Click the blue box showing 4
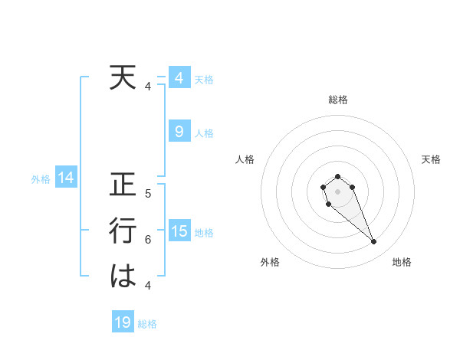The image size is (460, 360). [179, 78]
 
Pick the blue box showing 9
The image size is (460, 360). [179, 132]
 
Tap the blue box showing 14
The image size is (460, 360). [65, 178]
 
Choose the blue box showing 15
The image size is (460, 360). [179, 231]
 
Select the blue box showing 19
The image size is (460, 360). [123, 322]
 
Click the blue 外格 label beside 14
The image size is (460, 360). [41, 179]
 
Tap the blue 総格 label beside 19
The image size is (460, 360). [147, 324]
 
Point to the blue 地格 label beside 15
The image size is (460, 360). [204, 232]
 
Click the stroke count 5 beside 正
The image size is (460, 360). [148, 194]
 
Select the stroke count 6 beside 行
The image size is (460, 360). [148, 239]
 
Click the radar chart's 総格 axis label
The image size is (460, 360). [338, 100]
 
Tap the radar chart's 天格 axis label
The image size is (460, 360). [432, 159]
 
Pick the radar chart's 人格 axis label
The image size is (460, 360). [245, 159]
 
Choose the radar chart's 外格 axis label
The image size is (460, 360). [270, 262]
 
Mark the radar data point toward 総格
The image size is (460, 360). [338, 177]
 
